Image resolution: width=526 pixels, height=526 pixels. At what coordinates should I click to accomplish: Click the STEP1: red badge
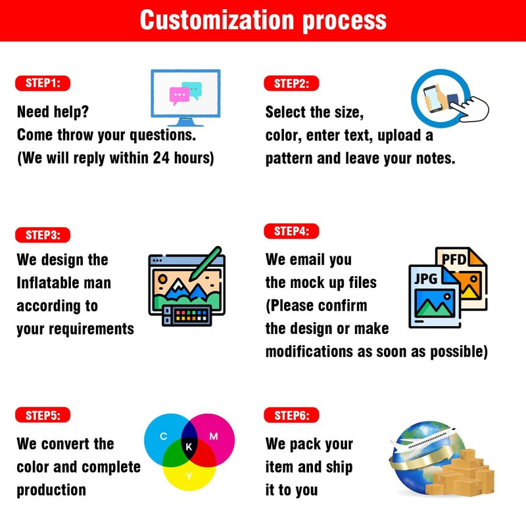(x=43, y=84)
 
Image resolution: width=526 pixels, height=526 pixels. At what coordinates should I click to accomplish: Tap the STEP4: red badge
(x=291, y=231)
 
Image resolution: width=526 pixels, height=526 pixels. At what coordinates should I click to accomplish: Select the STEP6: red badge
(x=291, y=416)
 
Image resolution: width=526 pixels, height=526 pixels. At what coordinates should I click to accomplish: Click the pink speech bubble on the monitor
(x=179, y=95)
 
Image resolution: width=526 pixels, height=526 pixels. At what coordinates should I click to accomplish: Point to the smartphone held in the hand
(x=433, y=98)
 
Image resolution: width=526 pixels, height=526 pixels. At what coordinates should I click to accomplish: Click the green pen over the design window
(x=205, y=264)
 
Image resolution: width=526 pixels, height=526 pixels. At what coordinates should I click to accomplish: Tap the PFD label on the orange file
(x=454, y=259)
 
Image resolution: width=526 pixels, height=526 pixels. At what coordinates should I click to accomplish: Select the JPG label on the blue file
(x=425, y=278)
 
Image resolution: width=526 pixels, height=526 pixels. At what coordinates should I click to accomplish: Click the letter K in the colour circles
(x=189, y=446)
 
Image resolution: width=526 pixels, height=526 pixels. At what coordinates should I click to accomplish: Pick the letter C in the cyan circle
(x=163, y=436)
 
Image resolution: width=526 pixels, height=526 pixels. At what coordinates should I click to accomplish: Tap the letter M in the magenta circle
(x=214, y=436)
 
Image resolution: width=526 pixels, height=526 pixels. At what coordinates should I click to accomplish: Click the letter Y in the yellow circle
(x=189, y=475)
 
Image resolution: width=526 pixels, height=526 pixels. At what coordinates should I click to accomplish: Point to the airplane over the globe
(x=423, y=439)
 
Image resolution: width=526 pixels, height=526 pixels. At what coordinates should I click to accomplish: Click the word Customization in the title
(x=217, y=20)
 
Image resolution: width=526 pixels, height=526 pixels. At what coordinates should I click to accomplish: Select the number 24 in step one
(x=161, y=158)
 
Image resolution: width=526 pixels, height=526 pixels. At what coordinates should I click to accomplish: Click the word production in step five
(x=51, y=490)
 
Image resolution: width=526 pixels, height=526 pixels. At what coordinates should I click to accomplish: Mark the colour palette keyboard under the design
(x=187, y=316)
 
